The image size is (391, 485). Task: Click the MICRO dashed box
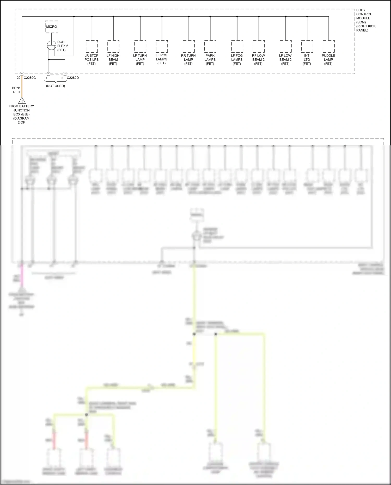[52, 27]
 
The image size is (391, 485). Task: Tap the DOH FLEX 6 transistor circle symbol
[52, 46]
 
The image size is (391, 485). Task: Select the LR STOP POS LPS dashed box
[92, 46]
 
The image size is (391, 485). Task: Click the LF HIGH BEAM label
[113, 59]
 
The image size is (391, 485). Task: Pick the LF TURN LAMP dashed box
[140, 46]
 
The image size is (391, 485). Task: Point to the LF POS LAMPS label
[162, 59]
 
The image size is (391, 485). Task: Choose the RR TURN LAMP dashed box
[189, 46]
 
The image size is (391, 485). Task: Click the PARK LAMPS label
[210, 59]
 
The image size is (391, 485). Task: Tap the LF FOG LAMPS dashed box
[237, 46]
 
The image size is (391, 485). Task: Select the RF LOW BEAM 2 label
[258, 59]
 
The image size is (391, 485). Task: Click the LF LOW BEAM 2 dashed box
[286, 46]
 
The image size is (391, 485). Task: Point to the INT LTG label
[307, 59]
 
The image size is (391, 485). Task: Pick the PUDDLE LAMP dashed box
[328, 46]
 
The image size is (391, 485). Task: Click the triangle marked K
[22, 101]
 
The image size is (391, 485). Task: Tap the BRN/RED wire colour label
[16, 90]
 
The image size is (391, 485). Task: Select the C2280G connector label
[30, 78]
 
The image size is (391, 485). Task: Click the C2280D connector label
[73, 78]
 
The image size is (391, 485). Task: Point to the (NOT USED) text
[56, 86]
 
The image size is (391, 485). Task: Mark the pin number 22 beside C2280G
[19, 78]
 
